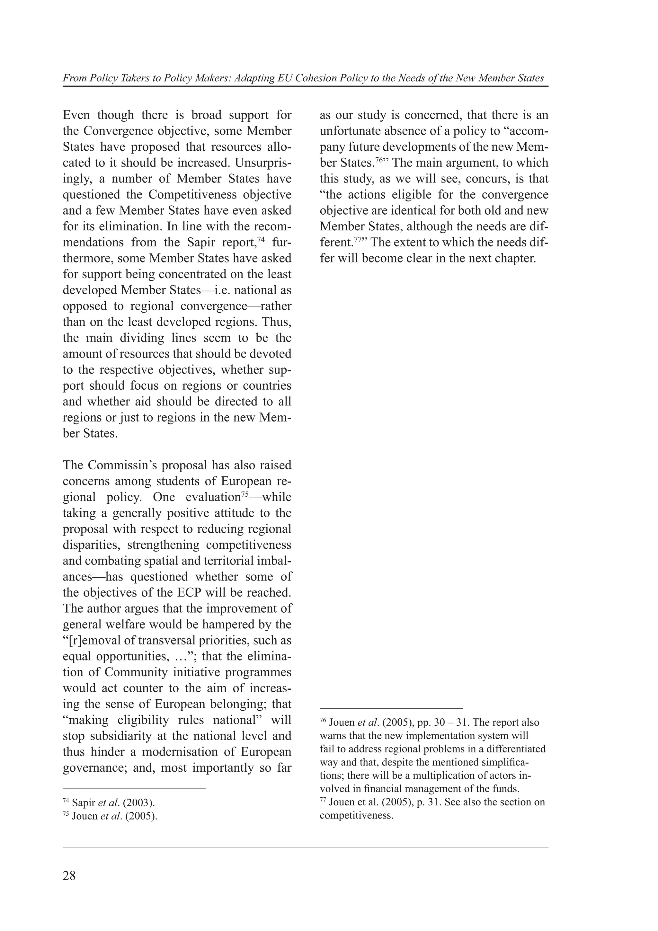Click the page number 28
point(69,876)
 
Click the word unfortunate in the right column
point(349,131)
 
